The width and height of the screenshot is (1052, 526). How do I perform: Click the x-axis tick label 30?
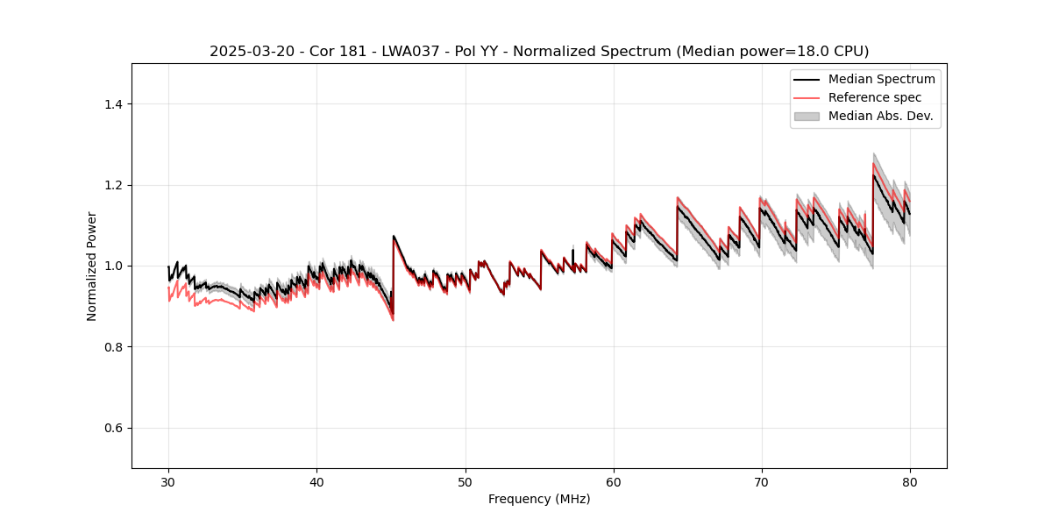168,482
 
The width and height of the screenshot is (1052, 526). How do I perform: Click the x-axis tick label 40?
316,482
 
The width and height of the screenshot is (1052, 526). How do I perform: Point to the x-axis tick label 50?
466,482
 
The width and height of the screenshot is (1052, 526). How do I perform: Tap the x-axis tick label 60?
614,482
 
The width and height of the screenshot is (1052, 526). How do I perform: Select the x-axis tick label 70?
762,482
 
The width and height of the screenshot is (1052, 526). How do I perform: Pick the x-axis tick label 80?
910,482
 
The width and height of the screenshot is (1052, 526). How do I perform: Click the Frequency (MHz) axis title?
539,500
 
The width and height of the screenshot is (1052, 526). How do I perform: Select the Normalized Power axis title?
92,266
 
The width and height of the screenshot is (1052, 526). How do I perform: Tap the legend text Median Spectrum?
882,79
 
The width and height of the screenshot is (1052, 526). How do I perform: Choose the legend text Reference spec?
875,97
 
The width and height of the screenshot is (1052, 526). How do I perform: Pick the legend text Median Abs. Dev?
880,116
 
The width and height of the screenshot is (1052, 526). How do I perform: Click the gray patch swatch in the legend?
807,116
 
